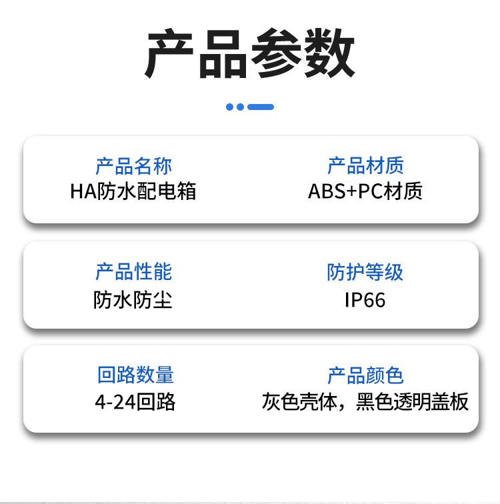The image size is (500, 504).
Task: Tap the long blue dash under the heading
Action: click(261, 107)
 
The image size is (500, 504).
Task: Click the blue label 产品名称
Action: click(133, 166)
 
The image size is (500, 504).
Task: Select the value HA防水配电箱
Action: click(133, 191)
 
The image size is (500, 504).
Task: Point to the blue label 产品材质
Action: click(365, 166)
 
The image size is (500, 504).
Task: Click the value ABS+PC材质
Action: click(365, 191)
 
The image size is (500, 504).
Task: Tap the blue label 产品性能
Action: click(133, 272)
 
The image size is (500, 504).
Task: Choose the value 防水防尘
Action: click(133, 300)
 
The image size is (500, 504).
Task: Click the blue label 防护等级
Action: click(365, 272)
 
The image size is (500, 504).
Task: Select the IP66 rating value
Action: click(365, 300)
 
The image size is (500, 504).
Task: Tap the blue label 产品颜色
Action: click(365, 375)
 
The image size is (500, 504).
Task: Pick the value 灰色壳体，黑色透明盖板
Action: click(365, 402)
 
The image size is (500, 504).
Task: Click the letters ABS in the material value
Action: click(324, 191)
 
